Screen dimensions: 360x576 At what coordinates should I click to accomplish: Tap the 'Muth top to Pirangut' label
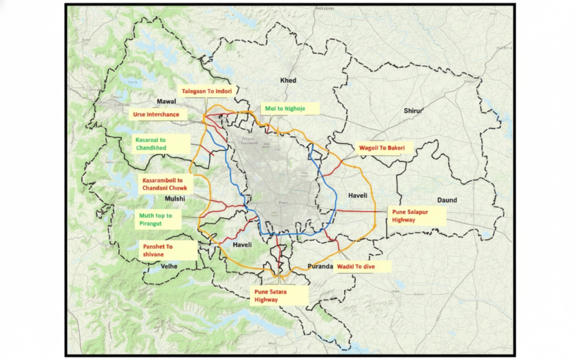[x=160, y=219]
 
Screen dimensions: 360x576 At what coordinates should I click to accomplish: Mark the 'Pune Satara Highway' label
[x=280, y=296]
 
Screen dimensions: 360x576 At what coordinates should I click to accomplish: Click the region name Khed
[x=288, y=80]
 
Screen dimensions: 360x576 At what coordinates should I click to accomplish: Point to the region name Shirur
[x=413, y=111]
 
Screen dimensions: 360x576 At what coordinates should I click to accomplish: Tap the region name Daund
[x=447, y=200]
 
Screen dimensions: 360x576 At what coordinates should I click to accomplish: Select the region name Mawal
[x=166, y=102]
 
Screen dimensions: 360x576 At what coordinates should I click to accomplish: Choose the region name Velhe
[x=169, y=266]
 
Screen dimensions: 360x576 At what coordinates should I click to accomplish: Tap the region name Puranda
[x=321, y=266]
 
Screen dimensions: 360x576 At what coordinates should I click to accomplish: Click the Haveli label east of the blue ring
[x=358, y=196]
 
